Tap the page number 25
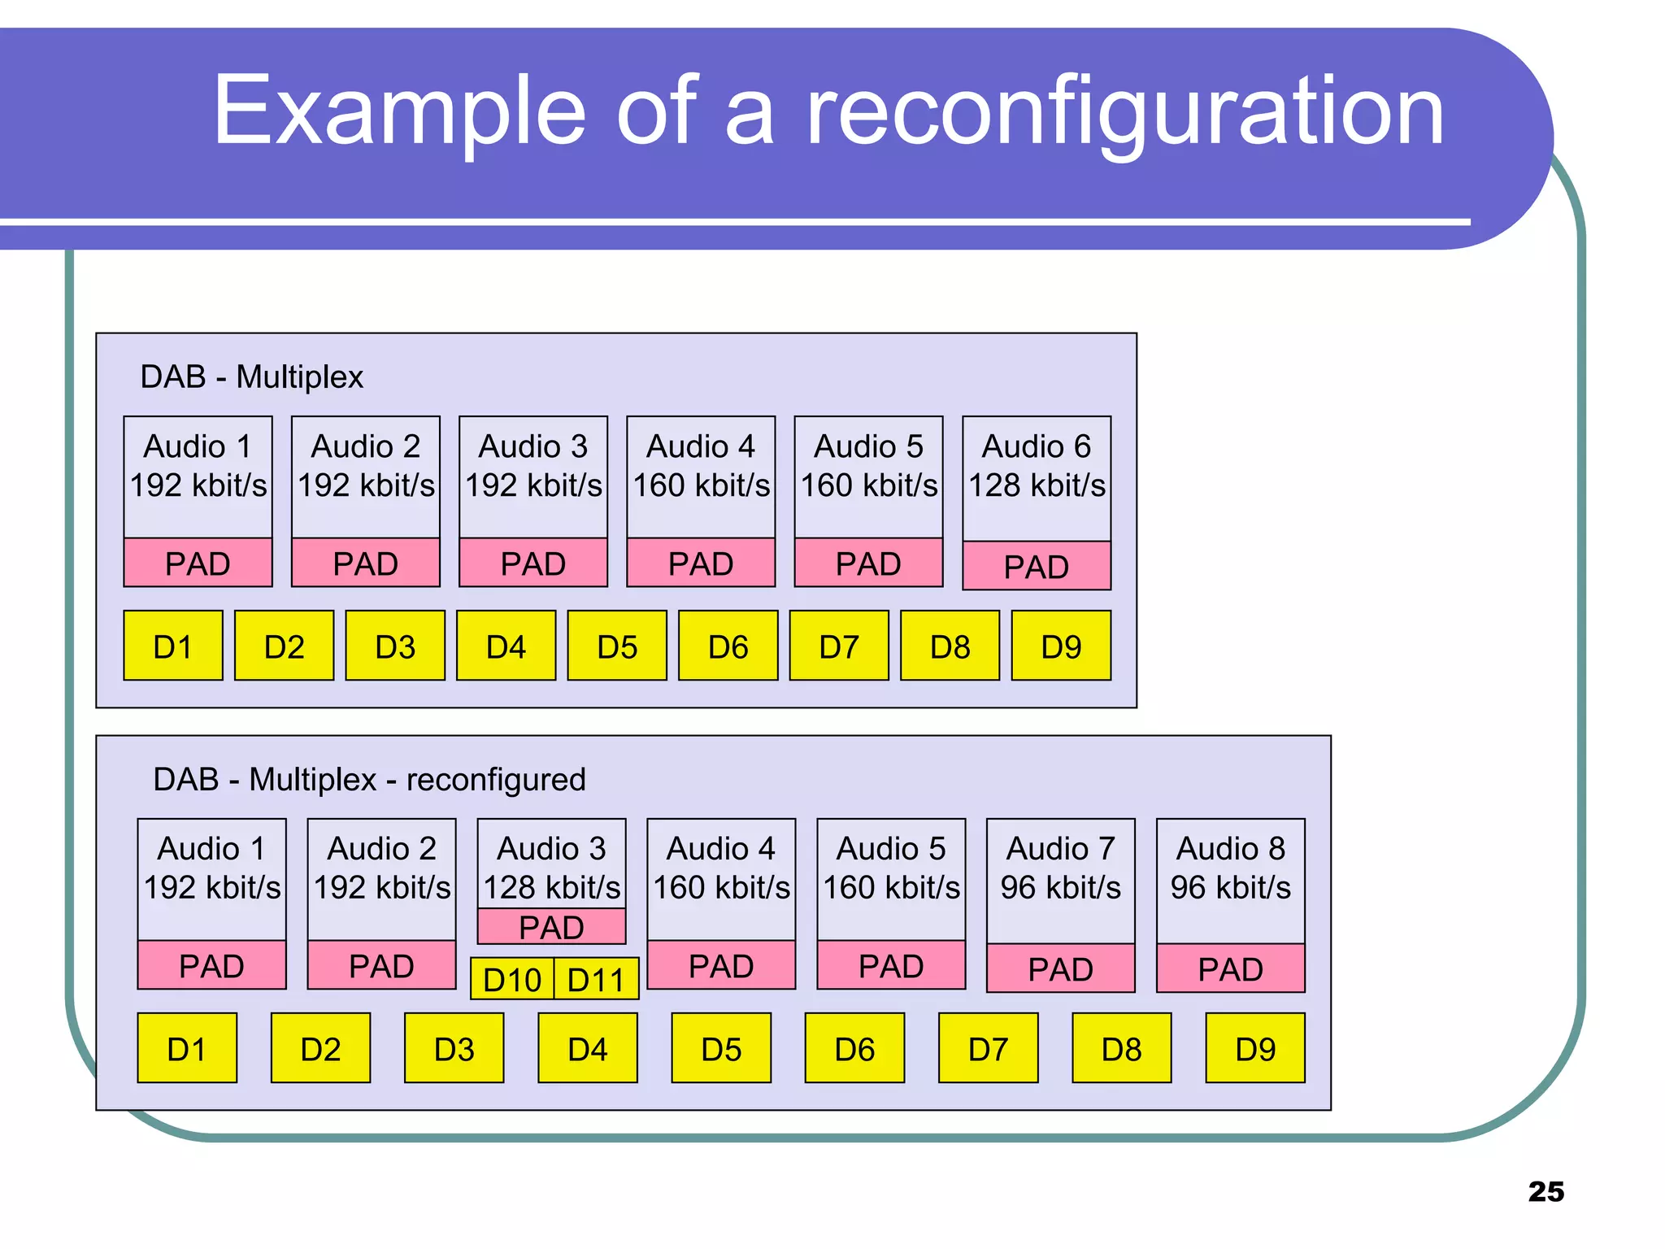tap(1545, 1191)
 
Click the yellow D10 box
tap(512, 979)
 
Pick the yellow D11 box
tap(596, 979)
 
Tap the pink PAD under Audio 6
tap(1037, 566)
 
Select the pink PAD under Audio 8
tap(1230, 968)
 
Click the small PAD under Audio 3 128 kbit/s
tap(551, 927)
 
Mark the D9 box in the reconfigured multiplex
tap(1254, 1048)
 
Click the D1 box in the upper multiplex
tap(173, 646)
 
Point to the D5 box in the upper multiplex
tap(617, 646)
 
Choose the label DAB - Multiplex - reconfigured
tap(369, 779)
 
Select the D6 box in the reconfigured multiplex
tap(854, 1048)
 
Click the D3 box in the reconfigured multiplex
tap(454, 1048)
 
